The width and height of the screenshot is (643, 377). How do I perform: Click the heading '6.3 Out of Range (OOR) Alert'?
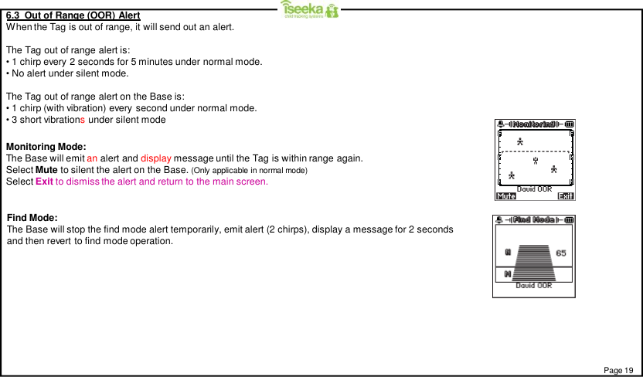(x=73, y=15)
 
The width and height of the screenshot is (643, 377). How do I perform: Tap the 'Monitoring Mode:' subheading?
(x=46, y=147)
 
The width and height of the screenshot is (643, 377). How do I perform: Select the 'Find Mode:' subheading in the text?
(x=32, y=218)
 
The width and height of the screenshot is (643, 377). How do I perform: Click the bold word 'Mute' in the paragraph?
(x=48, y=170)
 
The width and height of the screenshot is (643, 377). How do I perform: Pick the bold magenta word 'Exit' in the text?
(x=43, y=182)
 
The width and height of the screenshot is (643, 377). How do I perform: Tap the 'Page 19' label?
(x=617, y=370)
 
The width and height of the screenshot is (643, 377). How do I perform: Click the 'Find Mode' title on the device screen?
(x=535, y=219)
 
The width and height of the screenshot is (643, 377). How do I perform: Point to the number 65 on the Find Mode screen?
(x=560, y=253)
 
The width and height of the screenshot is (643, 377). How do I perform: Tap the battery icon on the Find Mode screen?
(x=570, y=219)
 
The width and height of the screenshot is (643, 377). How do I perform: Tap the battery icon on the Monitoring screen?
(x=570, y=124)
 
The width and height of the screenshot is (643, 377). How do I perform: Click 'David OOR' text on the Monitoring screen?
(x=534, y=188)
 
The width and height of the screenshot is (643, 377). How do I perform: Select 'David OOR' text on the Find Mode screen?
(x=534, y=285)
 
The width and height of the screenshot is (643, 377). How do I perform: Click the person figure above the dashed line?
(x=520, y=141)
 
